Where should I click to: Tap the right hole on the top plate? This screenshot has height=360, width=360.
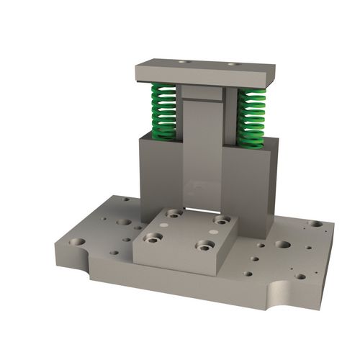point(233,65)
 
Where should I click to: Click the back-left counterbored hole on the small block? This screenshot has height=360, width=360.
point(174,213)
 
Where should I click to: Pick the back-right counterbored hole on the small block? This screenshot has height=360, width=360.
point(222,220)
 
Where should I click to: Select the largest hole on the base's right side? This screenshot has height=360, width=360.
point(283,244)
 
